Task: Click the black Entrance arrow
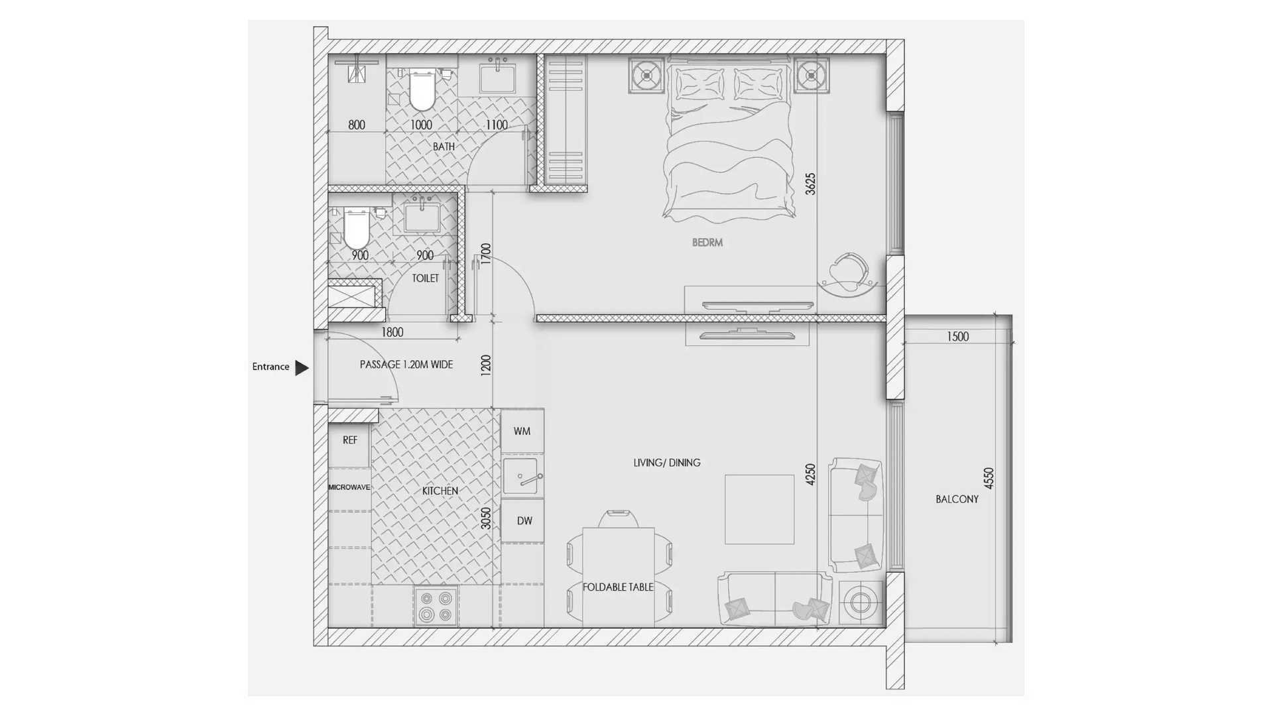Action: pos(302,367)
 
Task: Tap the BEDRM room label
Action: pos(707,243)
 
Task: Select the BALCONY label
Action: pos(957,499)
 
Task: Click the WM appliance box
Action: pos(522,431)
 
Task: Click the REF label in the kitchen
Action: pos(350,440)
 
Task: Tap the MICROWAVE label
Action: pos(349,487)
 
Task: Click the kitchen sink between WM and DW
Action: pos(522,476)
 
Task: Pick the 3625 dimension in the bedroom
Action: pos(810,184)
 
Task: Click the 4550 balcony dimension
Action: pos(989,479)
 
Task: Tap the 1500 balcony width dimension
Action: pos(957,337)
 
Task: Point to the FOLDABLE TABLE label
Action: pos(618,587)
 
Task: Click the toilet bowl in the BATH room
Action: pos(422,89)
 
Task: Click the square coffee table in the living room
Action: pos(759,509)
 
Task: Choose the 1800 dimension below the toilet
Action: pos(393,332)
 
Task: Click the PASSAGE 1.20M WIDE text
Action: pos(406,365)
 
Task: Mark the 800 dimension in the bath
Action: pos(357,125)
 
